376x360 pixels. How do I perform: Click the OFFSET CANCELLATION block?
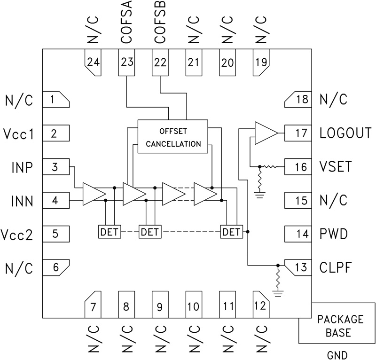click(172, 136)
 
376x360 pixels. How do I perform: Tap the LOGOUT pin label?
click(345, 133)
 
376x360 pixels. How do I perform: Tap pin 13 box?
click(299, 268)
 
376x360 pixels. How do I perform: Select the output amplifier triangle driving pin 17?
click(265, 133)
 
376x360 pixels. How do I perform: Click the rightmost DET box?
click(231, 232)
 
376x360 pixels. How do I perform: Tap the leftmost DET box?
click(109, 232)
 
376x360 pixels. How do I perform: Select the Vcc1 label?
click(17, 133)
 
